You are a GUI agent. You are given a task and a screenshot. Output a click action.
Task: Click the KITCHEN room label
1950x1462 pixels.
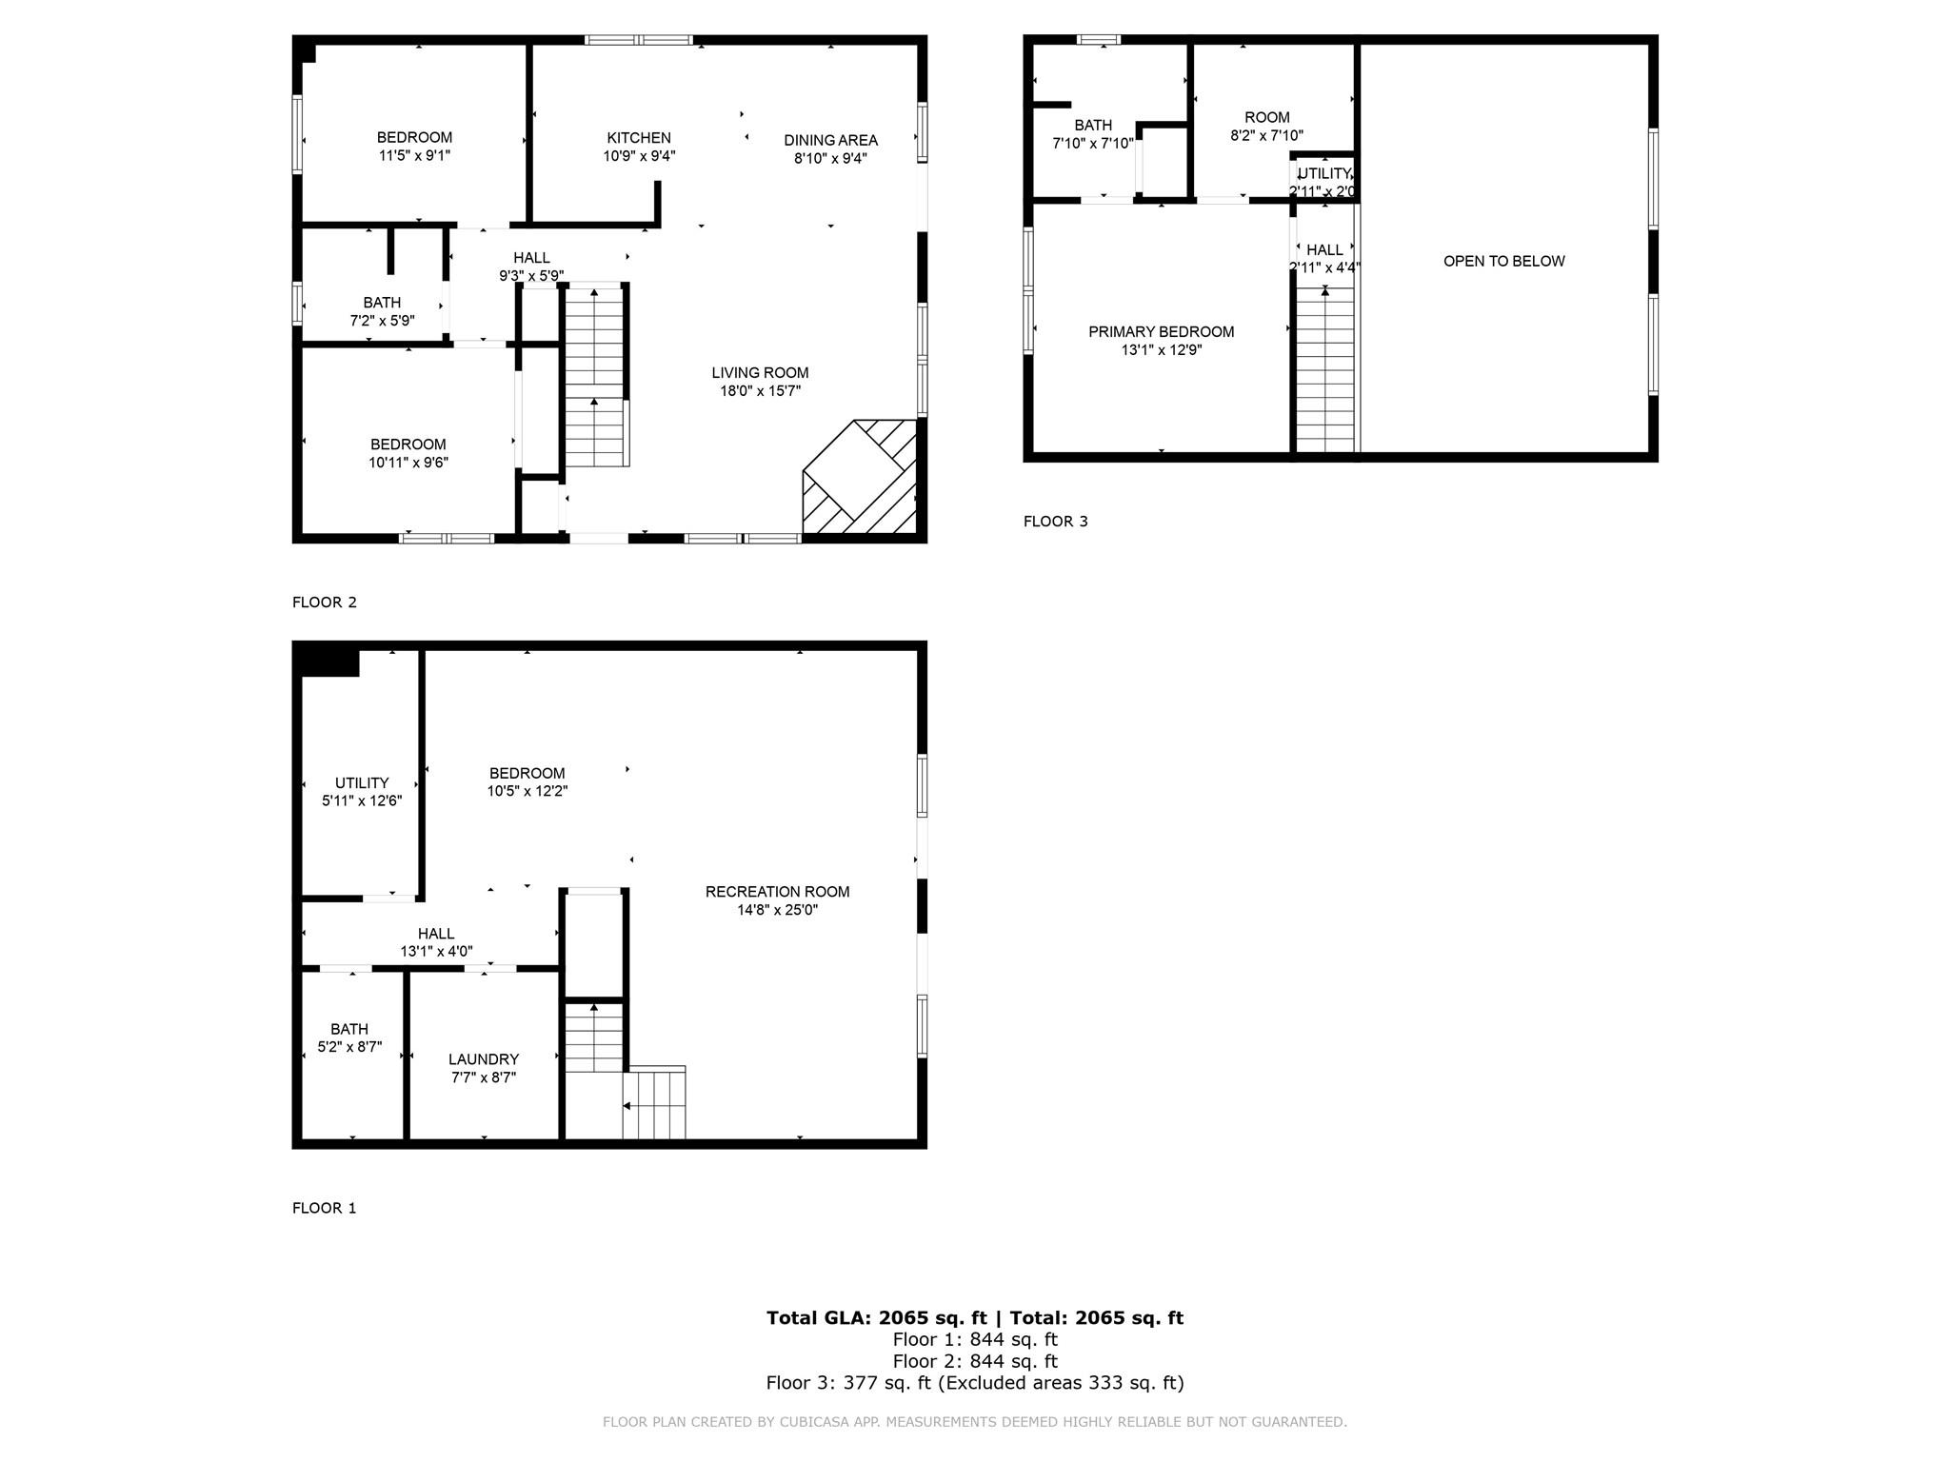click(x=639, y=138)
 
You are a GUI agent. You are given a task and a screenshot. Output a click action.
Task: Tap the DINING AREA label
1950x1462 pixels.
click(x=830, y=140)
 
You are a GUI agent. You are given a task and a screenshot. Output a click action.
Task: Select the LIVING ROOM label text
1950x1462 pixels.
click(x=760, y=372)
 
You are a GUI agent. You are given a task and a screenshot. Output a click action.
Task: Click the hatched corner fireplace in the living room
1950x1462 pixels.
click(x=860, y=477)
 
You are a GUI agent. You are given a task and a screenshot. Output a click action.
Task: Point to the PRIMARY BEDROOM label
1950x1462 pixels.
click(x=1161, y=331)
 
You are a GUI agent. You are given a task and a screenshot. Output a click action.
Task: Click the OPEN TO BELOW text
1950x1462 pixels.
click(x=1503, y=261)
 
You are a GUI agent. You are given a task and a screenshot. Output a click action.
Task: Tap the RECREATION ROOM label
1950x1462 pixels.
click(x=777, y=891)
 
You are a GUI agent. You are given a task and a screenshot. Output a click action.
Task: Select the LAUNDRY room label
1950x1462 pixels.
click(x=484, y=1059)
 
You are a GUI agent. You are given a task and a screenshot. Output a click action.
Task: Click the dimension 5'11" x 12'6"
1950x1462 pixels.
click(x=362, y=800)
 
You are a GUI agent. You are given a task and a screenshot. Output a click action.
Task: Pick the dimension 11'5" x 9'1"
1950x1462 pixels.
click(x=414, y=155)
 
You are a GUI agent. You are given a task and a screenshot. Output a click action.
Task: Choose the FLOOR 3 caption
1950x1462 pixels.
click(x=1055, y=521)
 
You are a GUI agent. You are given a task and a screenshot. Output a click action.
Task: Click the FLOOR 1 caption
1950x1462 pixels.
click(x=324, y=1208)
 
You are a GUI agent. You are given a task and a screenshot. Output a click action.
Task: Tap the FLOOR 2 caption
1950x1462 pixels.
click(x=324, y=602)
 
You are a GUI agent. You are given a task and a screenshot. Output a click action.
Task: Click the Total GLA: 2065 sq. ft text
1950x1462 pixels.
click(x=877, y=1317)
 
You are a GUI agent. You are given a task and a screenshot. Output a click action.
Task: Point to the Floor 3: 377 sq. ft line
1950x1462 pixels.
click(x=975, y=1382)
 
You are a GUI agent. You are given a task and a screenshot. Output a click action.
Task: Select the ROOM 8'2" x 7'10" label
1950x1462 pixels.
click(x=1266, y=127)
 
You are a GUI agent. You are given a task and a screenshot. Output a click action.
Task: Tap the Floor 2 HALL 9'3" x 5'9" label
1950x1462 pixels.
click(x=531, y=267)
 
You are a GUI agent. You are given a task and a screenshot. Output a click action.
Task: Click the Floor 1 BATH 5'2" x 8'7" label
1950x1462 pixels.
click(x=349, y=1037)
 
